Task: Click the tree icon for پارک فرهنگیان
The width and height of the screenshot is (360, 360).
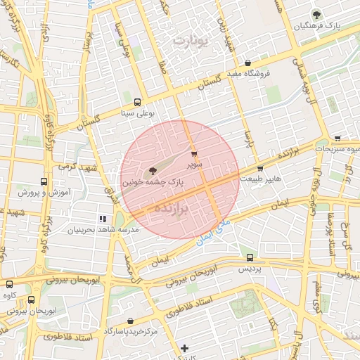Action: (x=316, y=14)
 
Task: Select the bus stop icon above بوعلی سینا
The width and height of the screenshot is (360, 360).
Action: (x=137, y=102)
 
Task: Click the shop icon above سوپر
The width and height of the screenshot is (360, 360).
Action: (x=194, y=154)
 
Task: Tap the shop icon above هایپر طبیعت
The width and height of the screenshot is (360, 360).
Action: (x=260, y=169)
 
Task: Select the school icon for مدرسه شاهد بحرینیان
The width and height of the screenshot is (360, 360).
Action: (x=102, y=219)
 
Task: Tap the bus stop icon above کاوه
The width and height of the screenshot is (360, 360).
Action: (x=10, y=284)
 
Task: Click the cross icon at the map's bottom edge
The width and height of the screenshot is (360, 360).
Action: (x=184, y=348)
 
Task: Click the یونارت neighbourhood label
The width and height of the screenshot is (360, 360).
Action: (x=191, y=41)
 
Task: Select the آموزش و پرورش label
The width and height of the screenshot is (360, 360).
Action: (x=23, y=192)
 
